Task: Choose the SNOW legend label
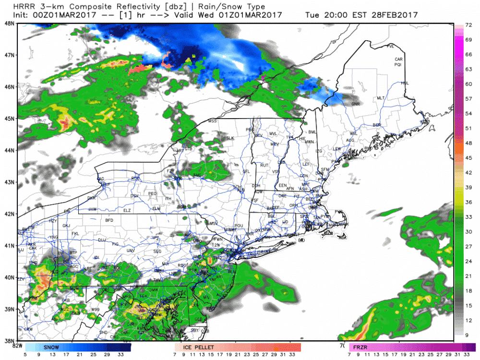tap(51, 347)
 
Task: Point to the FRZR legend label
tap(360, 347)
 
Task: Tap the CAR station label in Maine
tap(397, 60)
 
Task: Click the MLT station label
tap(381, 98)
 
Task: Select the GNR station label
tap(356, 104)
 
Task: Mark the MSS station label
tap(213, 121)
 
